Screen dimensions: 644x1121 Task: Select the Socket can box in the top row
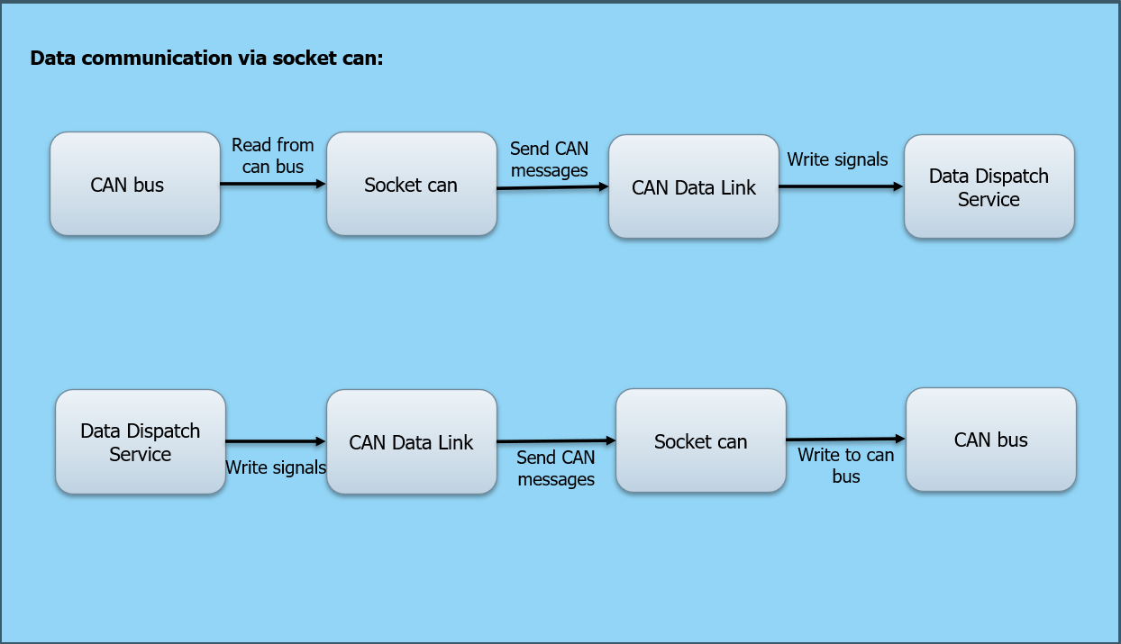pyautogui.click(x=411, y=185)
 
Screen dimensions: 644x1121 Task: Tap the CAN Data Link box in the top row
pyautogui.click(x=693, y=187)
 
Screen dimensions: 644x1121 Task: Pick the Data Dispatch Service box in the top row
pyautogui.click(x=989, y=187)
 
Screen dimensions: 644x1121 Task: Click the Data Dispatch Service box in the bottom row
pyautogui.click(x=141, y=442)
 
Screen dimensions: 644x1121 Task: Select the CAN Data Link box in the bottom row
pyautogui.click(x=411, y=442)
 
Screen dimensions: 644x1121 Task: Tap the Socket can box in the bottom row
pyautogui.click(x=700, y=441)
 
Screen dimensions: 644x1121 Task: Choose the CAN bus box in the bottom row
pyautogui.click(x=990, y=440)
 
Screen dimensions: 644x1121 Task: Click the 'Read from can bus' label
pyautogui.click(x=272, y=156)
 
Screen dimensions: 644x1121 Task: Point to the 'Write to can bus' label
pyautogui.click(x=845, y=466)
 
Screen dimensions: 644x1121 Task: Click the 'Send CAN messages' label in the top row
pyautogui.click(x=549, y=159)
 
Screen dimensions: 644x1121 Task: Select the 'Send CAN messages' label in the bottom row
pyautogui.click(x=556, y=468)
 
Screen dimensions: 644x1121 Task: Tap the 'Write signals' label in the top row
pyautogui.click(x=837, y=159)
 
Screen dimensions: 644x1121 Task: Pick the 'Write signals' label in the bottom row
pyautogui.click(x=275, y=467)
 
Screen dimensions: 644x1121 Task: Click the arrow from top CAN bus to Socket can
pyautogui.click(x=272, y=184)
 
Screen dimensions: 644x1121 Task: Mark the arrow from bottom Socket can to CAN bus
pyautogui.click(x=845, y=439)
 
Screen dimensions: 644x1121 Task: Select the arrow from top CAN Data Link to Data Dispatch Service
pyautogui.click(x=841, y=186)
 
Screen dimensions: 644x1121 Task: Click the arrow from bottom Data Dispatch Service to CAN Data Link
pyautogui.click(x=275, y=441)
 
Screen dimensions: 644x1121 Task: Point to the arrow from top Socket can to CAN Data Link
pyautogui.click(x=552, y=187)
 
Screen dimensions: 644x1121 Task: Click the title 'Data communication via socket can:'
pyautogui.click(x=207, y=59)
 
